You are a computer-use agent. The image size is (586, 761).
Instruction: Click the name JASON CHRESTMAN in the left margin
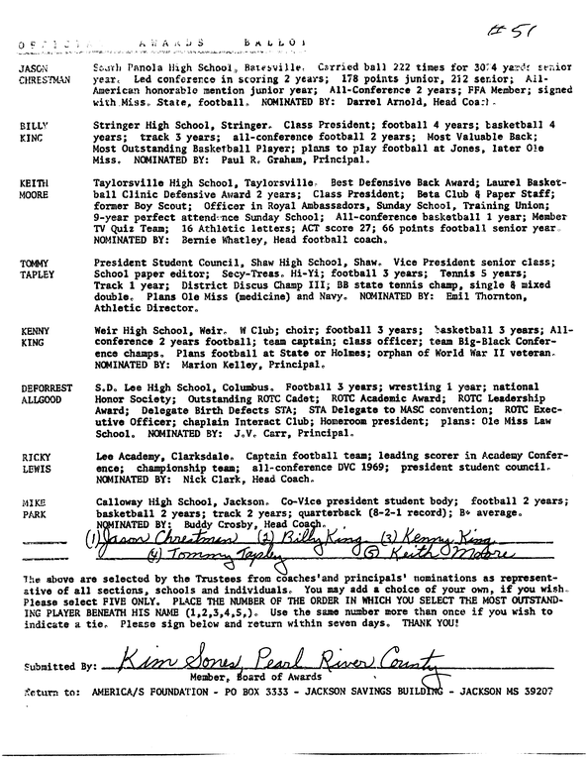(x=41, y=71)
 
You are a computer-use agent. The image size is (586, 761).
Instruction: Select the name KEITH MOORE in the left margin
(x=35, y=191)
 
